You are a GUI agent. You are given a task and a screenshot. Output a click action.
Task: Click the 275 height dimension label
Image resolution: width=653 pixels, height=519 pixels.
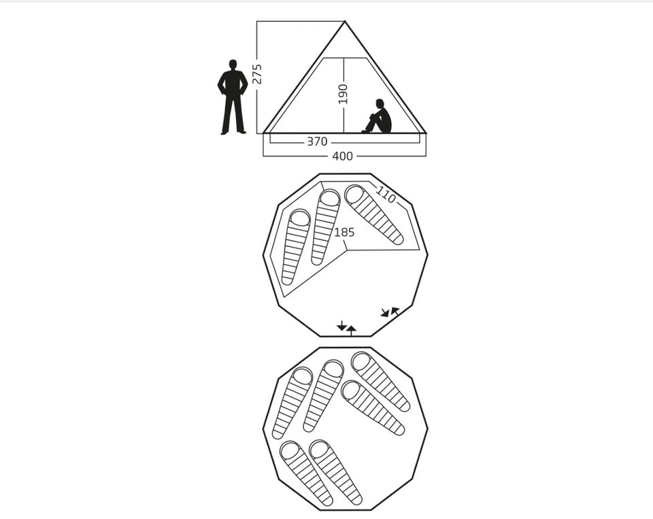tap(257, 73)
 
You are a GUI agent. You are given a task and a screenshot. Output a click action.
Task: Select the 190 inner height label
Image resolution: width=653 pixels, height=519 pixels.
tap(343, 94)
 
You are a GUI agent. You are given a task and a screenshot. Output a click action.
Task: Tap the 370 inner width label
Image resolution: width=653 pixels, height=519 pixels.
tap(317, 141)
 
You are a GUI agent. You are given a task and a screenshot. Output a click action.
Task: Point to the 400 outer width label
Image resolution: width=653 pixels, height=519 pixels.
tap(342, 156)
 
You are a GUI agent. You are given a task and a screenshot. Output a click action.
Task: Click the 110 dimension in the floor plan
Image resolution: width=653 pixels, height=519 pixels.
tap(386, 194)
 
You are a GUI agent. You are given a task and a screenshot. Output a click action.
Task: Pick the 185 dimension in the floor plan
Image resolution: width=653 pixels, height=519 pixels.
tap(344, 232)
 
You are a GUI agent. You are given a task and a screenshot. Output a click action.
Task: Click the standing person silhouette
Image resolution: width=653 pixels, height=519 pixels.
tap(233, 97)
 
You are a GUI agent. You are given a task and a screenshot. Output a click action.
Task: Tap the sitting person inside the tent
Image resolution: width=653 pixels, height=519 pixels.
tap(378, 116)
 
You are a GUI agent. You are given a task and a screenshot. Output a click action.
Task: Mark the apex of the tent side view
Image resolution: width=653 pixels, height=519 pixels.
tap(345, 21)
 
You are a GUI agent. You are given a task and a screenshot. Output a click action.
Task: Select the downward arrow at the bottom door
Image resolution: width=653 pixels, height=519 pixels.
tap(341, 325)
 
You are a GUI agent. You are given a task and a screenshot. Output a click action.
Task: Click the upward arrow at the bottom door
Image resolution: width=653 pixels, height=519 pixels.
tap(352, 331)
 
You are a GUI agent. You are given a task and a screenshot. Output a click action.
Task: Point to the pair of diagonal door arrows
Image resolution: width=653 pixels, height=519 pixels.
tap(390, 312)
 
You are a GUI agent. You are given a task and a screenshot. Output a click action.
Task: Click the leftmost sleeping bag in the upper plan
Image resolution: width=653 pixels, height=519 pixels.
tap(296, 247)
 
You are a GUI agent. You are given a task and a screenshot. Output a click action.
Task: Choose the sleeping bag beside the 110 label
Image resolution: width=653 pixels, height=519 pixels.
tap(374, 214)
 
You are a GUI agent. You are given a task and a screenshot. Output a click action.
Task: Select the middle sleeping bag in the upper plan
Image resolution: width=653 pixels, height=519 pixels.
tap(326, 227)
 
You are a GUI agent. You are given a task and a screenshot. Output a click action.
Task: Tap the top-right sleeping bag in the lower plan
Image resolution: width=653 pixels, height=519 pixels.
tap(380, 382)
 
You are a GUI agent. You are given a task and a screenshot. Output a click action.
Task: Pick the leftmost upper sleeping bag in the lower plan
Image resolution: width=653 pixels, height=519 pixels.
tap(292, 403)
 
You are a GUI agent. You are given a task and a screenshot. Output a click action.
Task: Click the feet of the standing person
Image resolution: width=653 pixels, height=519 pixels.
tap(233, 133)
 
